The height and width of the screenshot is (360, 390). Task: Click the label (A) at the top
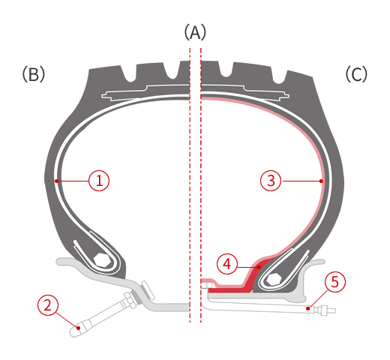195,32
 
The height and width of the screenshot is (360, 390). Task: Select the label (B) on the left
34,74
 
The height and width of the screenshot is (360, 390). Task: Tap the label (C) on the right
356,74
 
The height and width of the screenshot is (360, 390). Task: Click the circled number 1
99,181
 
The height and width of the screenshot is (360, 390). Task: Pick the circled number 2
48,305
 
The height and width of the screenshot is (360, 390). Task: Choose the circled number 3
271,181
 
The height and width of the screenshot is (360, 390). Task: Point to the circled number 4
227,264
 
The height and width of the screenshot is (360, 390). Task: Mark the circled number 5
335,282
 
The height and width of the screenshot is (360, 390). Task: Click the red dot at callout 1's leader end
57,181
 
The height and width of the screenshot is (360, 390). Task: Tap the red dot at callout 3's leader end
321,181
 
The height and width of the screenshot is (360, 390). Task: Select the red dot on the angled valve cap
79,328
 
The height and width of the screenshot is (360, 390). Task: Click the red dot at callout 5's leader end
307,309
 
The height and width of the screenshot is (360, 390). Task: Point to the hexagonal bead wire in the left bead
102,260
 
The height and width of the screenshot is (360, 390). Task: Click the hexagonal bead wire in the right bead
274,280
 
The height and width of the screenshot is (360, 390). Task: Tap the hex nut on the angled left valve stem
129,299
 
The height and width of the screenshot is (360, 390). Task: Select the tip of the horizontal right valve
335,310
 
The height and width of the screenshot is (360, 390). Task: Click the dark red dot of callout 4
259,267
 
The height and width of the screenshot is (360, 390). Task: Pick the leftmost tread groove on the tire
130,74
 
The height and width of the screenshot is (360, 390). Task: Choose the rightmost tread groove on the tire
279,76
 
